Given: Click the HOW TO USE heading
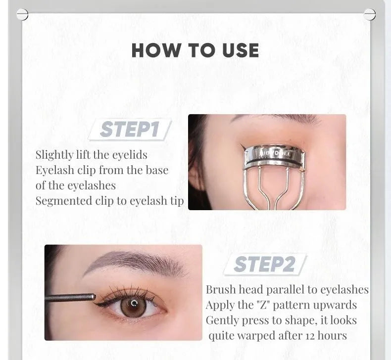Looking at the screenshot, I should (195, 50).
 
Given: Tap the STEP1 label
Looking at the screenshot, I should (130, 130).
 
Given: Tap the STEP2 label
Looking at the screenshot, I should (264, 265).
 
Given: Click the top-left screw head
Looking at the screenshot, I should (22, 15).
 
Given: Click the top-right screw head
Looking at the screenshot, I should (369, 14).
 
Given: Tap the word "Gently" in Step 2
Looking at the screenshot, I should (222, 320).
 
